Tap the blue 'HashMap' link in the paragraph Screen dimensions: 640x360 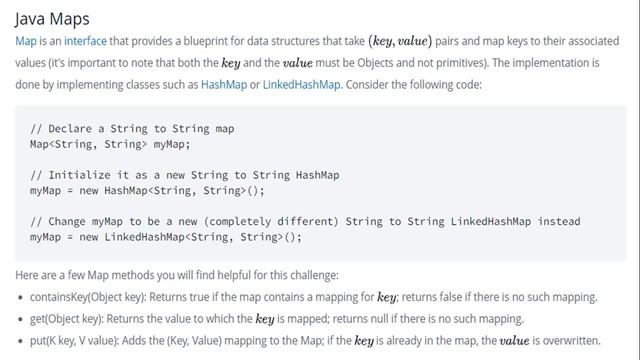click(224, 84)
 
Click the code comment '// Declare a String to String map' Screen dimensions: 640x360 click(132, 129)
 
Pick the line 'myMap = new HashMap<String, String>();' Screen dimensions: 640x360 click(147, 190)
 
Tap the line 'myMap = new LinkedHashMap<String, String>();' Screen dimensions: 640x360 click(165, 237)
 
